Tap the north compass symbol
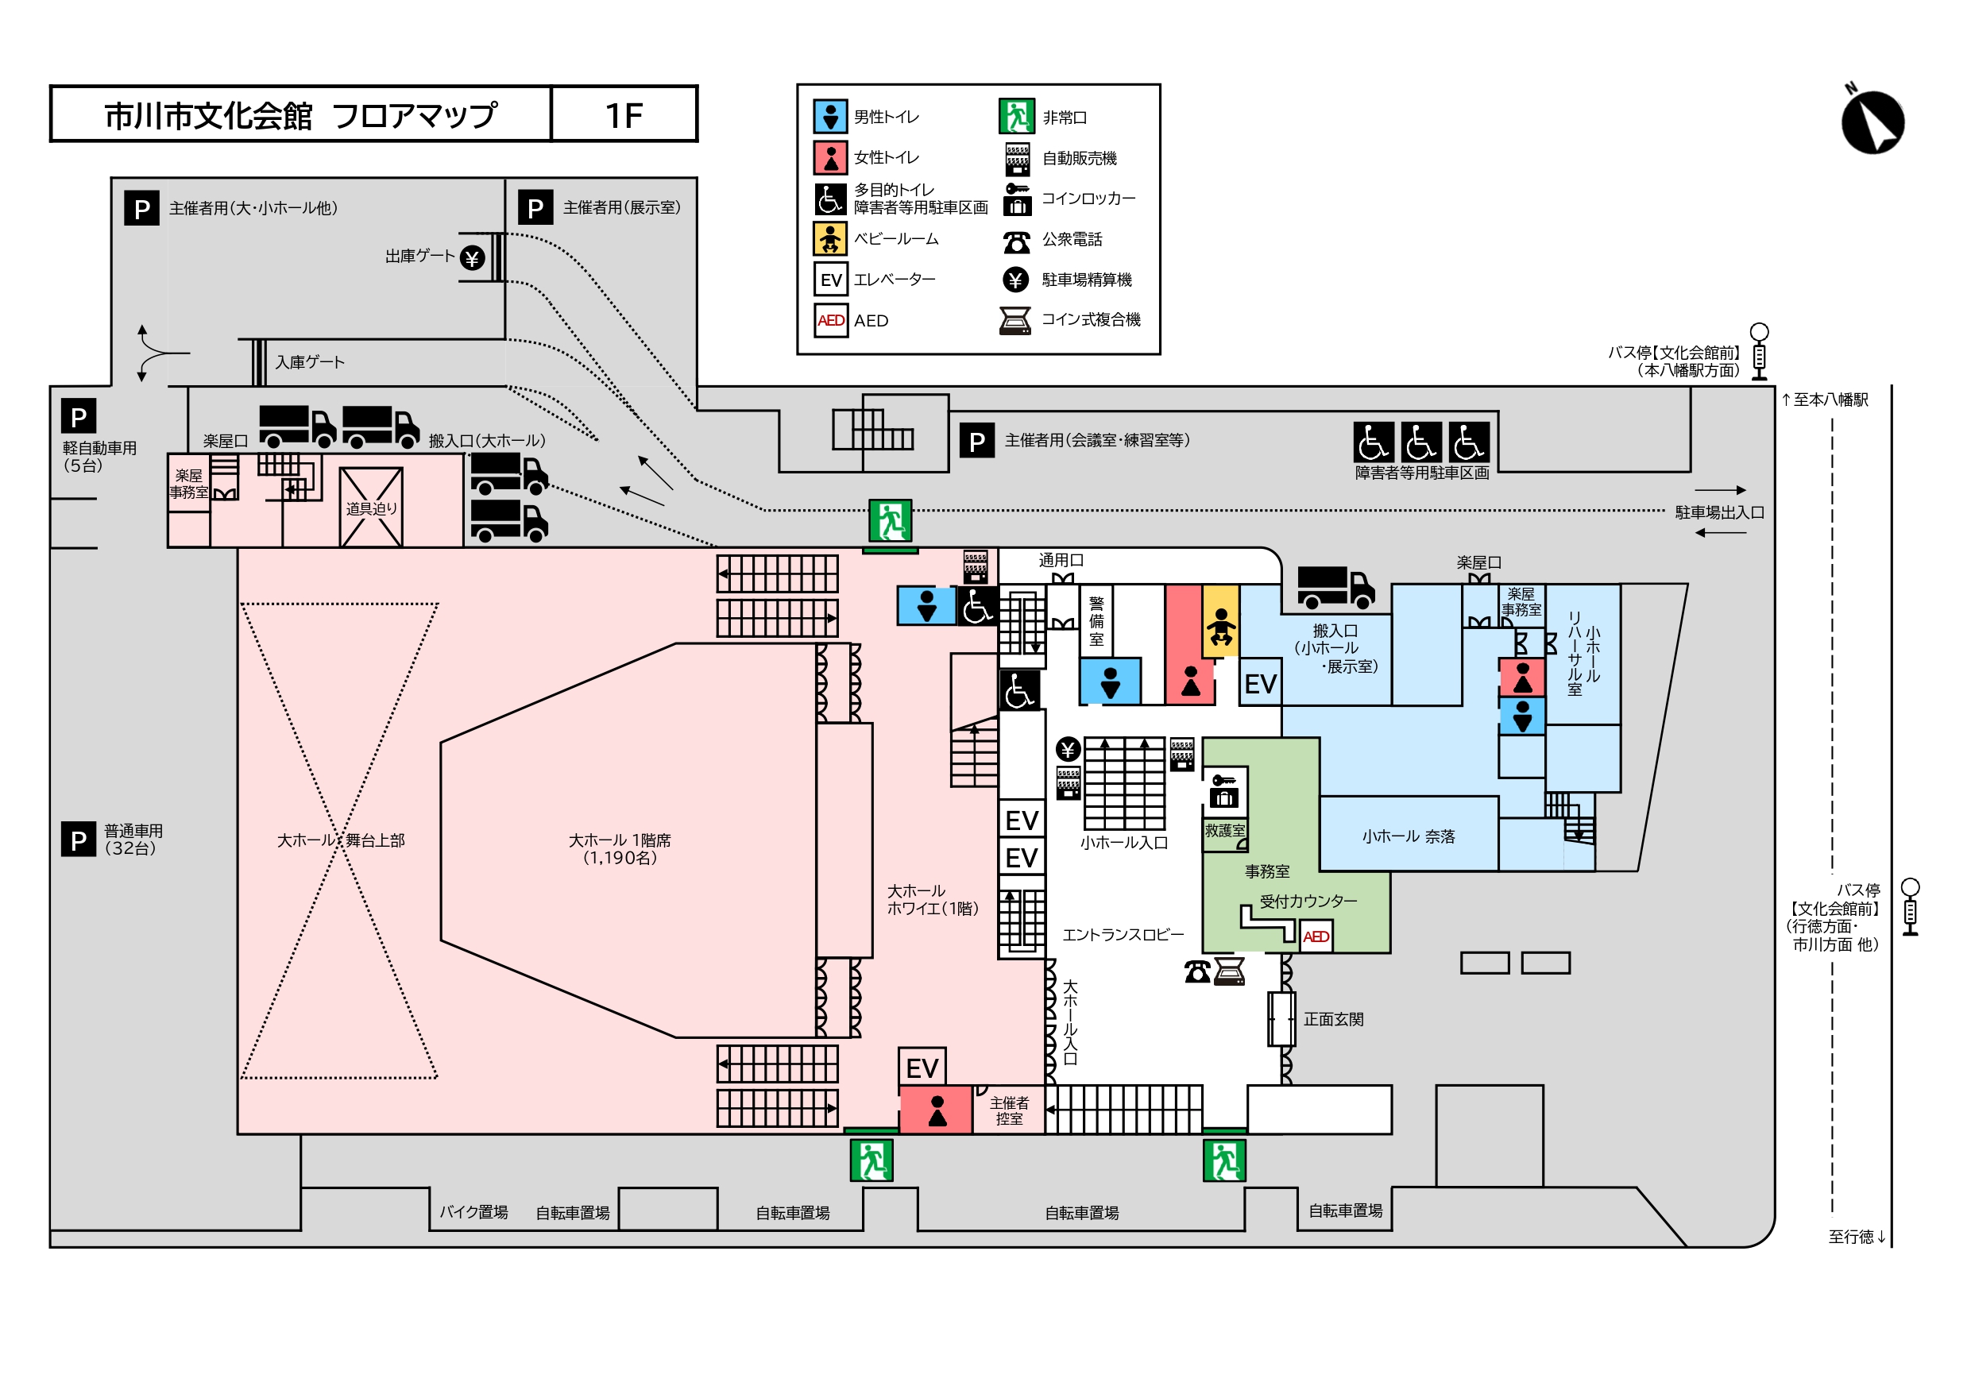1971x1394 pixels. point(1872,122)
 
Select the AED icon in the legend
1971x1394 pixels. point(830,320)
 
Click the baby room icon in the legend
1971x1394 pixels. point(830,238)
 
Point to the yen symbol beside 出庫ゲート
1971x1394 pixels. point(472,257)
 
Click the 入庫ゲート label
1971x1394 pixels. point(310,362)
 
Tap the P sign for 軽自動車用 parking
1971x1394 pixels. point(78,417)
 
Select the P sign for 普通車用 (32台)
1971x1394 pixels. point(78,840)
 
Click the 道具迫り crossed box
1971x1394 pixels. point(371,508)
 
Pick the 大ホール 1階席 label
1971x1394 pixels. point(620,848)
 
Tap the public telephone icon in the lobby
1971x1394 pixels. point(1196,971)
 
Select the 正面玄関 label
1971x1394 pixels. point(1333,1019)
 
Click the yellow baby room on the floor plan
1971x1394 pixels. point(1219,621)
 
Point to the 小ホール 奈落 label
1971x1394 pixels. point(1409,836)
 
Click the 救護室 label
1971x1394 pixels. point(1224,830)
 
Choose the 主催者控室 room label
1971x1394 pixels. point(1009,1110)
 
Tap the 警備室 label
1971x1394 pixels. point(1096,620)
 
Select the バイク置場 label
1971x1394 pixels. point(473,1212)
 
